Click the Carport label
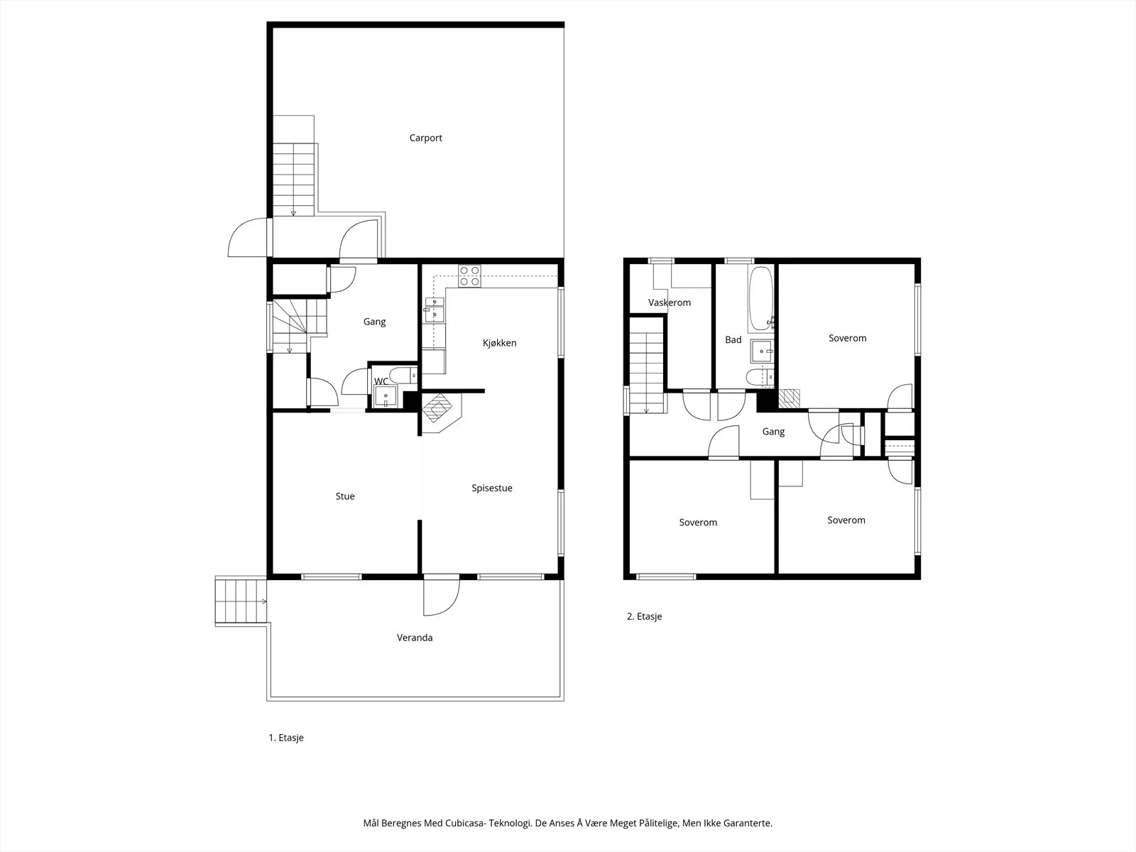[425, 138]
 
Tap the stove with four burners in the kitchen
[469, 276]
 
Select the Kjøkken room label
[499, 343]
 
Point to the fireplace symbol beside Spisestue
[441, 413]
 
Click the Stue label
[344, 496]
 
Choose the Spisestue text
[491, 488]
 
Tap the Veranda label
[415, 638]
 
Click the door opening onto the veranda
[442, 595]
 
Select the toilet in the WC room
[403, 375]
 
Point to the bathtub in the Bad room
[761, 298]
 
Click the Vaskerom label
[670, 302]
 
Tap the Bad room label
[733, 340]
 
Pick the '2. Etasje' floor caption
[645, 616]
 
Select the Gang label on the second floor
[773, 432]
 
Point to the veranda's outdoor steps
[241, 601]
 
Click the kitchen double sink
[435, 310]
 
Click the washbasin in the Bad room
[761, 351]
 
